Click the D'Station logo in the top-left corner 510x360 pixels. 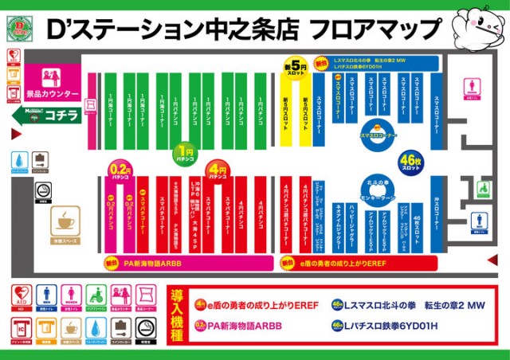19,26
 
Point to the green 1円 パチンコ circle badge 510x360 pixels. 185,151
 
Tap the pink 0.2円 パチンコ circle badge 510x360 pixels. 120,170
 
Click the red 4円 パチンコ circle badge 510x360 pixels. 216,170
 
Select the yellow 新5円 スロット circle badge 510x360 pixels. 294,67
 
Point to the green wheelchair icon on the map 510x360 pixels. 483,190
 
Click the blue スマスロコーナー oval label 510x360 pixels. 378,135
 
